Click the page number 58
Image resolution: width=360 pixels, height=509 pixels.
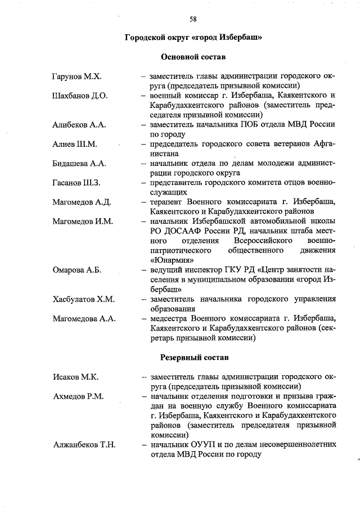(x=193, y=19)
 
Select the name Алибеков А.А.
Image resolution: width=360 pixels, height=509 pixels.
(x=79, y=125)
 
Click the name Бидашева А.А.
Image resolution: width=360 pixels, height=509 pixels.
(x=79, y=164)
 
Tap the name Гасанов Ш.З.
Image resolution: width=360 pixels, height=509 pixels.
(x=76, y=183)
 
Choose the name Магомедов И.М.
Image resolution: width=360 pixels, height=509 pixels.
(x=83, y=222)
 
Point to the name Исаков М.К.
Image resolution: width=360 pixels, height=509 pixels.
(x=74, y=376)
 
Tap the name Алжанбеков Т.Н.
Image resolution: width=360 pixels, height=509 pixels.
(x=84, y=444)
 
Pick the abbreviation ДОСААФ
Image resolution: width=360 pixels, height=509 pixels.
(x=184, y=231)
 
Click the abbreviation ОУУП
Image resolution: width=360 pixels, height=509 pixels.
(x=204, y=444)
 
